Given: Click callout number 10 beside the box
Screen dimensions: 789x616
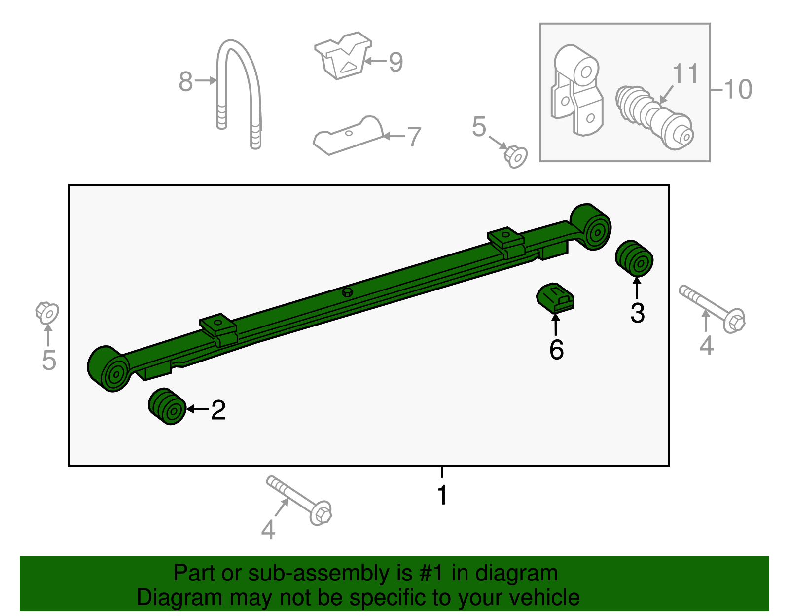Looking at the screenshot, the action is click(x=738, y=89).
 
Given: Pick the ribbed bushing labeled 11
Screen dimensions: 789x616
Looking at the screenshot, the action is click(x=654, y=118).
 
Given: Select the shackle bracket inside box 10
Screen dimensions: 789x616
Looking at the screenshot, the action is click(x=576, y=90).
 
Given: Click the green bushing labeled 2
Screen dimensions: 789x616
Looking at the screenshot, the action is click(x=167, y=406).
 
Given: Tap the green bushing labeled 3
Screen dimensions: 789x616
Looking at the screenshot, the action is click(x=634, y=258).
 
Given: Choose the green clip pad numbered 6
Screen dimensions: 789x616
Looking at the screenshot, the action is click(x=555, y=298).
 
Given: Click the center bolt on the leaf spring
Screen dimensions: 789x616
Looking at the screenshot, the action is click(x=348, y=292).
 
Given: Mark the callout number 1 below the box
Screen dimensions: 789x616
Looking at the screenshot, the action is click(x=442, y=494).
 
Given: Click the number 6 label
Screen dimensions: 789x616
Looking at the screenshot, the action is click(x=556, y=350).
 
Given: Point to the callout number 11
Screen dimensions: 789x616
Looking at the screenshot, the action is click(x=685, y=73).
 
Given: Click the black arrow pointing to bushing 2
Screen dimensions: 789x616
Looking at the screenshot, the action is click(x=198, y=409).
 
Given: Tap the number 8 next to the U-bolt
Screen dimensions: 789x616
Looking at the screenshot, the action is click(x=185, y=81).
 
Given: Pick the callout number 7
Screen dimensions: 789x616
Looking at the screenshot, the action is click(x=414, y=137).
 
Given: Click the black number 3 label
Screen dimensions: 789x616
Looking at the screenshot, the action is click(x=638, y=313).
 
